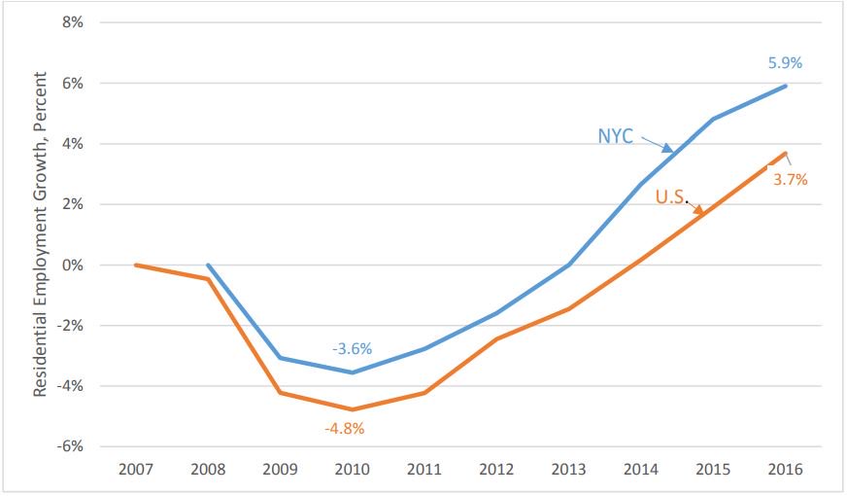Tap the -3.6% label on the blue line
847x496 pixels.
(353, 348)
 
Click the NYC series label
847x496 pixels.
(615, 136)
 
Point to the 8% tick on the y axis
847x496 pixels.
(73, 22)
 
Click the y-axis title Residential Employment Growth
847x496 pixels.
(41, 233)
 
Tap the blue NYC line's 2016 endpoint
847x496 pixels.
(786, 86)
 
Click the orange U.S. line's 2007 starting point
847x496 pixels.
(135, 265)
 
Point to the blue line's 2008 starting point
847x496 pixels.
(208, 265)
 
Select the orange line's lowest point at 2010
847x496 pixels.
(353, 409)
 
